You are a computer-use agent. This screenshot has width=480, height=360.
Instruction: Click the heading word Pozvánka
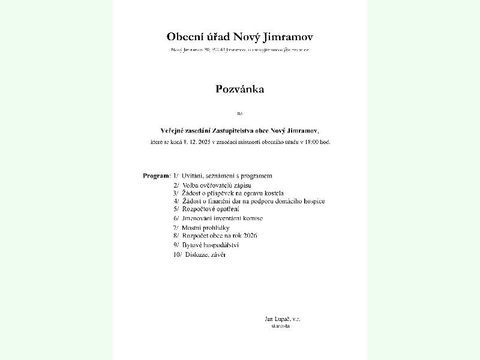point(240,89)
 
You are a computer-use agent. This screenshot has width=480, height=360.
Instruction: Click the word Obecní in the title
point(185,37)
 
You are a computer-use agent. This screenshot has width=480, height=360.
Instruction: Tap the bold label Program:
point(157,176)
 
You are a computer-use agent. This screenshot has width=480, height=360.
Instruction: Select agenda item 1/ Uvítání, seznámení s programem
point(223,176)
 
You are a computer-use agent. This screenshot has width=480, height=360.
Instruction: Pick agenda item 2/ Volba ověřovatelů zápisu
point(212,185)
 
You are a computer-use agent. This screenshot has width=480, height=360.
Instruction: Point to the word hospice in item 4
point(311,201)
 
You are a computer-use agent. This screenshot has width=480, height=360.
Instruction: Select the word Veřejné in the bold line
point(174,130)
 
